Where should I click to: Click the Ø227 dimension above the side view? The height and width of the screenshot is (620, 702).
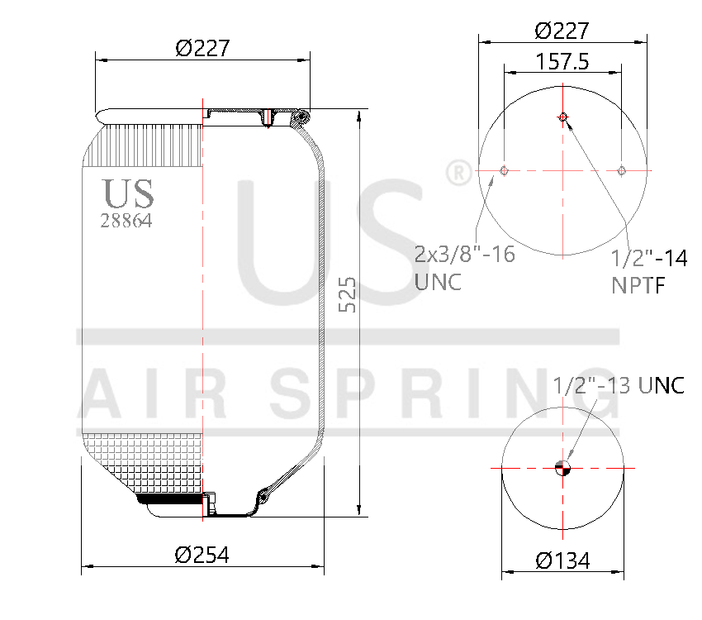pos(202,49)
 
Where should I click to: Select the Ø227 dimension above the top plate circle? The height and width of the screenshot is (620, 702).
pos(562,31)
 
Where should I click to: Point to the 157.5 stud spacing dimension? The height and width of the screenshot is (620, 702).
pos(562,62)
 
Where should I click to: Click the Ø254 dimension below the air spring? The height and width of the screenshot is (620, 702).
pos(202,555)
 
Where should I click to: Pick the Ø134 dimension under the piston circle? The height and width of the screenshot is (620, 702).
pos(562,560)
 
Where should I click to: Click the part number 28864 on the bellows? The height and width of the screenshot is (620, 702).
pos(126,221)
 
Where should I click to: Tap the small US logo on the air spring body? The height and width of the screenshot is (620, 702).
pos(128,193)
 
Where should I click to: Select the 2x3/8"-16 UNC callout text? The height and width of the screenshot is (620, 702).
pos(464,267)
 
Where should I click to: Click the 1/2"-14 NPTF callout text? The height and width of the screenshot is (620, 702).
pos(648,271)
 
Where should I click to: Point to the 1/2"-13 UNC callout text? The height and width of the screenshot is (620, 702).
pos(618,385)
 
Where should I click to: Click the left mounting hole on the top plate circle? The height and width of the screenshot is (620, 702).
pos(504,171)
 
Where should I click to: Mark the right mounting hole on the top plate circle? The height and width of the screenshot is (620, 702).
pos(622,171)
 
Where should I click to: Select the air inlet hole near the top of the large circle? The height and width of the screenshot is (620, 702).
pos(562,117)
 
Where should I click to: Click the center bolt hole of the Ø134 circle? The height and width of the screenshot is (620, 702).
pos(563,468)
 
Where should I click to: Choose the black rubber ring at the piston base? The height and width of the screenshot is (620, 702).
pos(169,498)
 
